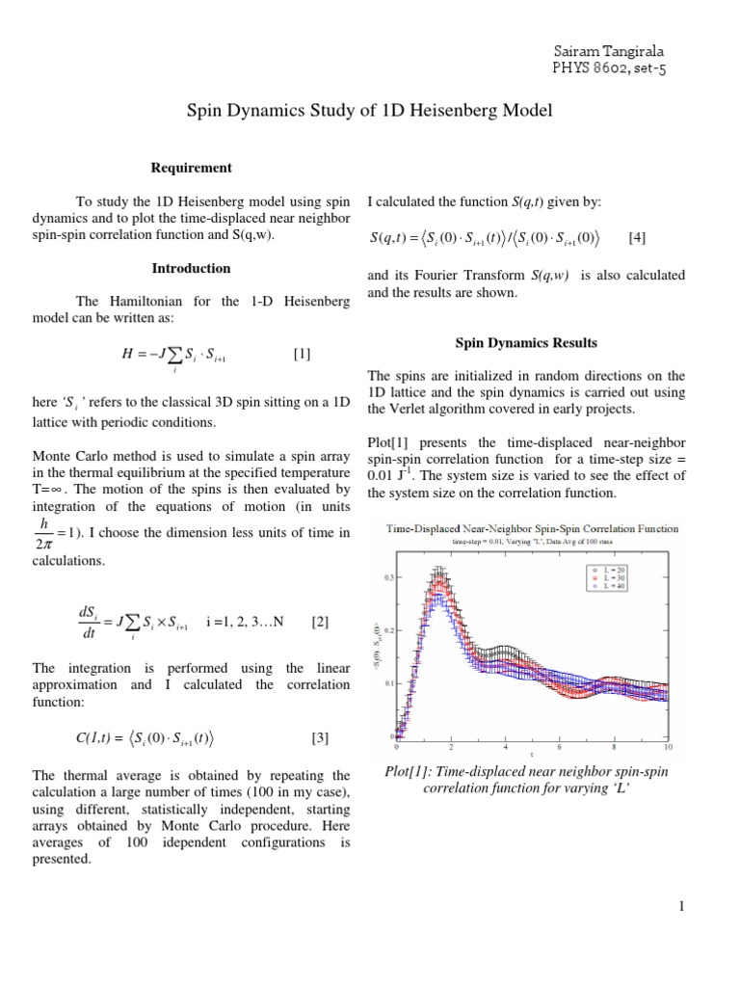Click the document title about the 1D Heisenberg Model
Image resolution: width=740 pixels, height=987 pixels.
coord(369,112)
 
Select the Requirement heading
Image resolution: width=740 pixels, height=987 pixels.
coord(192,168)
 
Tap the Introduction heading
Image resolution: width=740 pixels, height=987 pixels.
coord(192,268)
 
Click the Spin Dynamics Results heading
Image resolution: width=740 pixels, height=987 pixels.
coord(526,342)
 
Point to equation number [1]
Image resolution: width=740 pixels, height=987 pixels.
coord(302,354)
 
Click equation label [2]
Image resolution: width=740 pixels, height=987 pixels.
coord(320,622)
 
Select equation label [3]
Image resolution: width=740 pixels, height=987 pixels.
coord(320,738)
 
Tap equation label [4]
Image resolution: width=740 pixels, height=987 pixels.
coord(638,237)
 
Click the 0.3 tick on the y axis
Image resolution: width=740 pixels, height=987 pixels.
coord(388,576)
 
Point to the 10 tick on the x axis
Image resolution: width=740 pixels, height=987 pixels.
coord(667,747)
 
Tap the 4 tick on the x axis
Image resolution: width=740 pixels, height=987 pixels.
coord(504,747)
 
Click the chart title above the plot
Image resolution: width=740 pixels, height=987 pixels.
coord(532,528)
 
